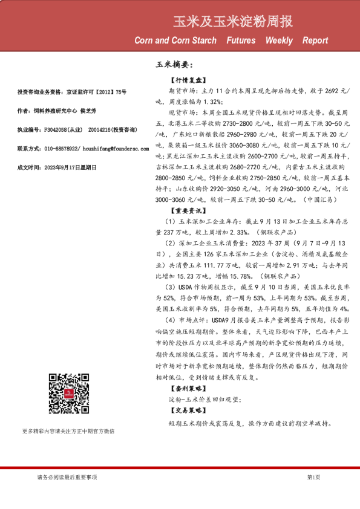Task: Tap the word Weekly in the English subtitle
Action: click(x=278, y=41)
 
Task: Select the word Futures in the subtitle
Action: click(x=241, y=41)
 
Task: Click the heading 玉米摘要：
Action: click(x=174, y=63)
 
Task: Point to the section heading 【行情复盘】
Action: click(x=189, y=80)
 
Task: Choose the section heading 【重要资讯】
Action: click(x=189, y=211)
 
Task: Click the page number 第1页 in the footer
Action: click(x=313, y=478)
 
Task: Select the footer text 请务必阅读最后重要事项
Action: click(x=67, y=478)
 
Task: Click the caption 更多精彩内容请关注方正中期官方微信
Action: click(x=68, y=448)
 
